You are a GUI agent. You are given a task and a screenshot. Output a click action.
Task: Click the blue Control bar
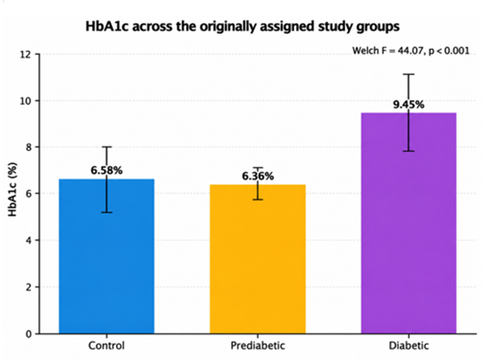(x=106, y=256)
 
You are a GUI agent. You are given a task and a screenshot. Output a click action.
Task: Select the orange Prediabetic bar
(x=258, y=259)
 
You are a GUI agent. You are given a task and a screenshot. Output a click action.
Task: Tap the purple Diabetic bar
(x=409, y=223)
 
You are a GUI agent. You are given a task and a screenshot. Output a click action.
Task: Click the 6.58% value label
(x=106, y=171)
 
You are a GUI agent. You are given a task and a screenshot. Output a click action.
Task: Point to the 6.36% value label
(x=258, y=176)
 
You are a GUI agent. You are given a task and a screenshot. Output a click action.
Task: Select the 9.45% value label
(x=408, y=104)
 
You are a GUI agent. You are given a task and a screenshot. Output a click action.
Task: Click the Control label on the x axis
(x=106, y=345)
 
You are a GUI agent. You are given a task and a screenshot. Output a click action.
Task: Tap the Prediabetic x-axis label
(x=258, y=345)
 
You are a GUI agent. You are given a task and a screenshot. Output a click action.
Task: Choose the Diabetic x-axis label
(x=409, y=345)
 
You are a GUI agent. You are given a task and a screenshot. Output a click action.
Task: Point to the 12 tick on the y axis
(x=26, y=55)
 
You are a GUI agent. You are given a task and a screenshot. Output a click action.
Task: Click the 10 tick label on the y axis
(x=26, y=101)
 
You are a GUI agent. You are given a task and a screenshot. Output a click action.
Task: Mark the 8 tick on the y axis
(x=28, y=147)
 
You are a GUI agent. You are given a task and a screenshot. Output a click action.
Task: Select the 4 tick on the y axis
(x=28, y=240)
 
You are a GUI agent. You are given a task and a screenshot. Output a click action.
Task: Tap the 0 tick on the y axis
(x=28, y=334)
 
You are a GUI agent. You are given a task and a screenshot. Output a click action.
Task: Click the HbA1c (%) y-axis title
(x=12, y=189)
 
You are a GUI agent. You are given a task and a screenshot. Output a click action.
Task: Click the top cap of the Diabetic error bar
(x=408, y=74)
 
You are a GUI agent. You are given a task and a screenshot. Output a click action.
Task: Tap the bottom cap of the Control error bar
(x=106, y=213)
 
